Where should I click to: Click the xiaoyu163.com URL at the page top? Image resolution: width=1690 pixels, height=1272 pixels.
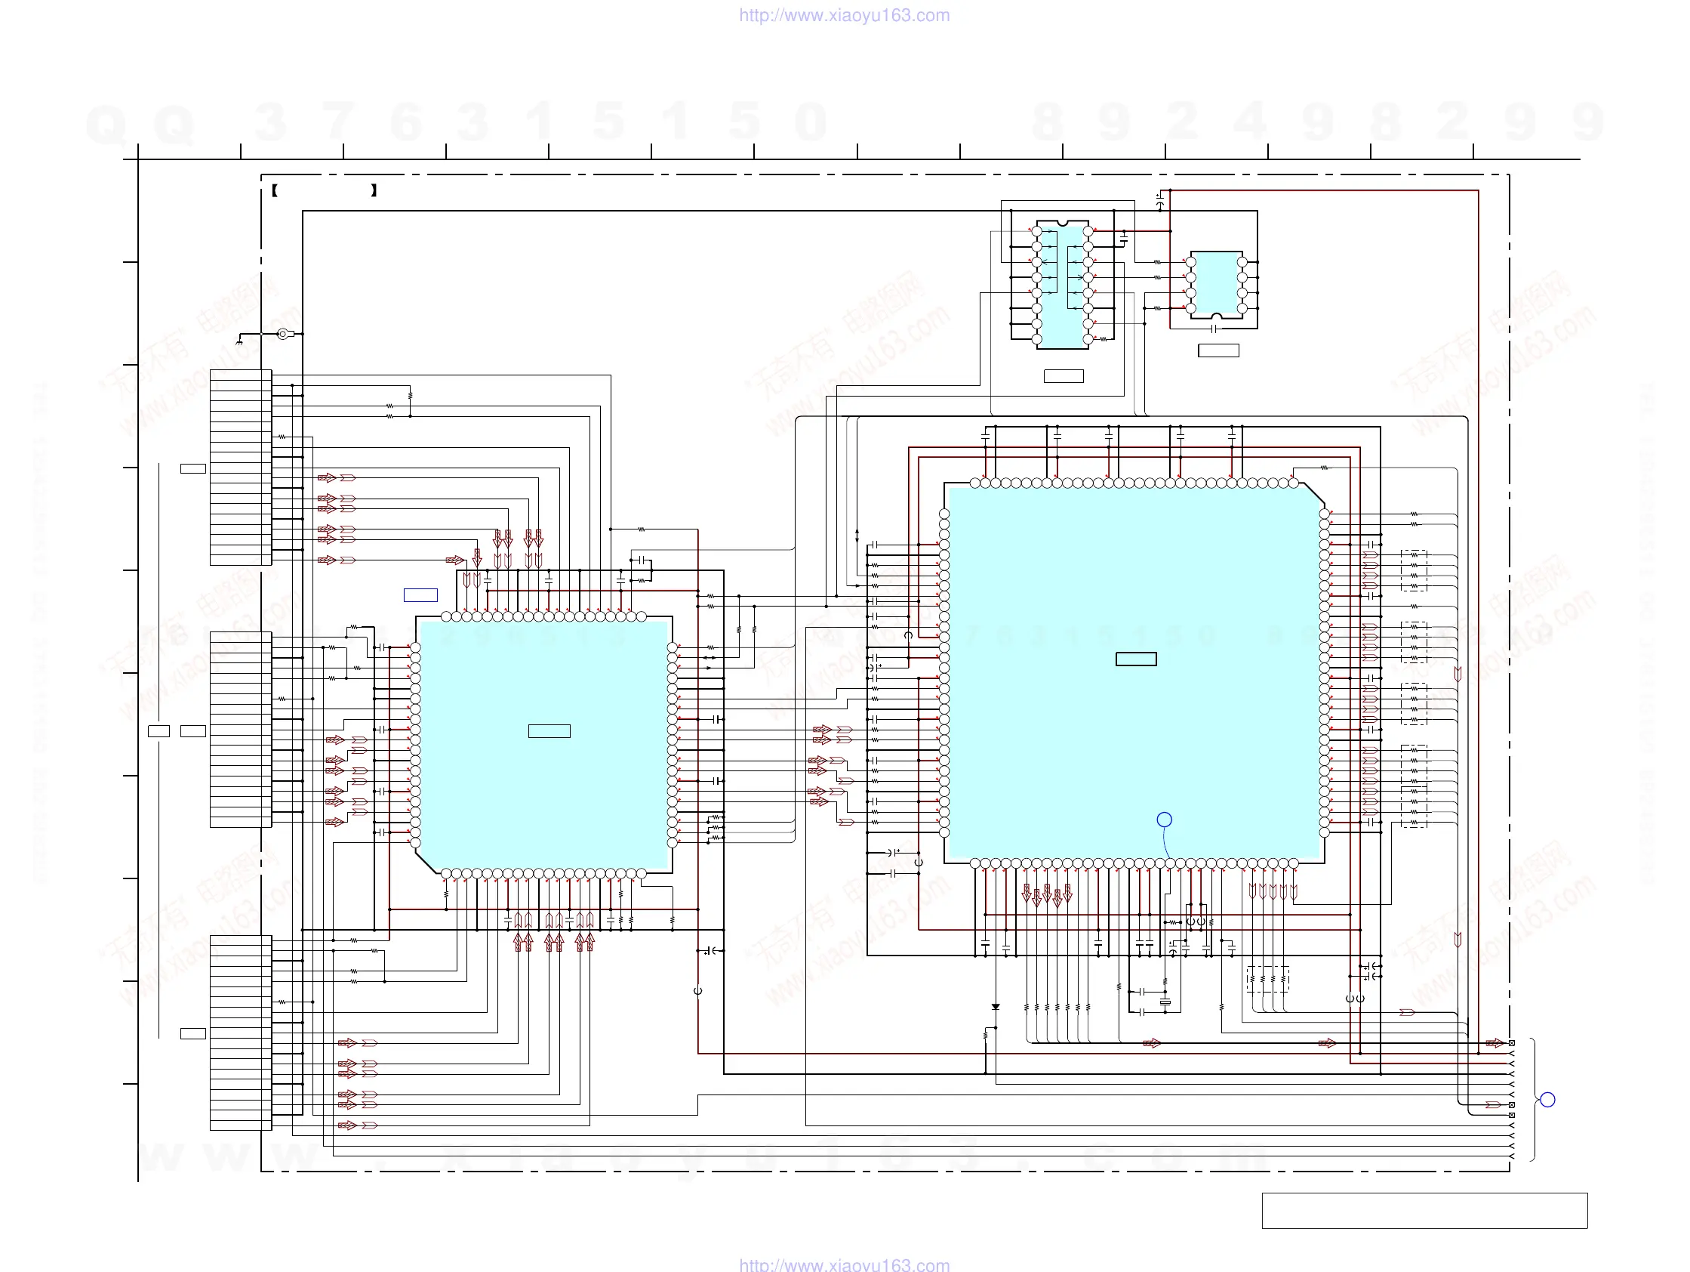tap(844, 15)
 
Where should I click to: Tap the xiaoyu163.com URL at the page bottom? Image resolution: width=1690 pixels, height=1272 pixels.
tap(844, 1264)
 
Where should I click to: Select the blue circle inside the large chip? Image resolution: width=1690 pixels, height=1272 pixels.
tap(1165, 820)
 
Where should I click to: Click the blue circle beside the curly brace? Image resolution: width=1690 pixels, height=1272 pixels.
tap(1548, 1100)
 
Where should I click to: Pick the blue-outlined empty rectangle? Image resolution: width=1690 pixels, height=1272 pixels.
tap(420, 594)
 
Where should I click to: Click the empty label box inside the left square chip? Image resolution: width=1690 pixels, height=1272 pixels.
tap(549, 730)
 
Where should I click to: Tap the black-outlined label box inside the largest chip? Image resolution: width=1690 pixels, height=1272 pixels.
tap(1136, 659)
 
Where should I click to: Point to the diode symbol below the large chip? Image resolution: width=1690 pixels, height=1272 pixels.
tap(996, 1007)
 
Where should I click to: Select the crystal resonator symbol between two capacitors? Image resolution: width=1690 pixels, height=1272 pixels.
tap(1165, 1002)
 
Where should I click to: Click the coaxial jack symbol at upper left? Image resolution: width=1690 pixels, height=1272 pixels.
tap(284, 333)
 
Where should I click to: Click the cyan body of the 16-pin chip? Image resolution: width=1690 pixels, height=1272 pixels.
tap(1063, 287)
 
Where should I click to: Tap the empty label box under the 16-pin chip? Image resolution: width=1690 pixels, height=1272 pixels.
tap(1064, 376)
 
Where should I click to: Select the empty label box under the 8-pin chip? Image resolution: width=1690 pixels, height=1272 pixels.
tap(1218, 350)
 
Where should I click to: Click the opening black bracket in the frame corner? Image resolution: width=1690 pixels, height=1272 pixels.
tap(274, 190)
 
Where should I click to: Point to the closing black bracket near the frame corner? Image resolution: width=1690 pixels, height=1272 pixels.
tap(374, 190)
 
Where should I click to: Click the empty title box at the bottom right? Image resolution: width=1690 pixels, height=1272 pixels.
tap(1425, 1210)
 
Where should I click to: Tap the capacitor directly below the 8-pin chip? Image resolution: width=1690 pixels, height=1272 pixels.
tap(1215, 328)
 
